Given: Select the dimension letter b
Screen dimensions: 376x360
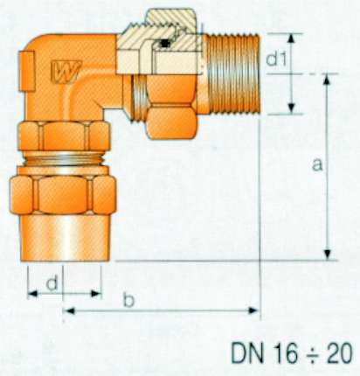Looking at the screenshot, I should click(128, 300).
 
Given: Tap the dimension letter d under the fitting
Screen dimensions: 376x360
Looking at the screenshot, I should click(52, 283).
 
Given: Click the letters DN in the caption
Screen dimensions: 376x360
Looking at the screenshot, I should click(247, 353).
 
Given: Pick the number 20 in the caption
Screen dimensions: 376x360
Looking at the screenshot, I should click(338, 353).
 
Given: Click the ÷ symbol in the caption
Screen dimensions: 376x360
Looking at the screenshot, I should click(312, 353).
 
